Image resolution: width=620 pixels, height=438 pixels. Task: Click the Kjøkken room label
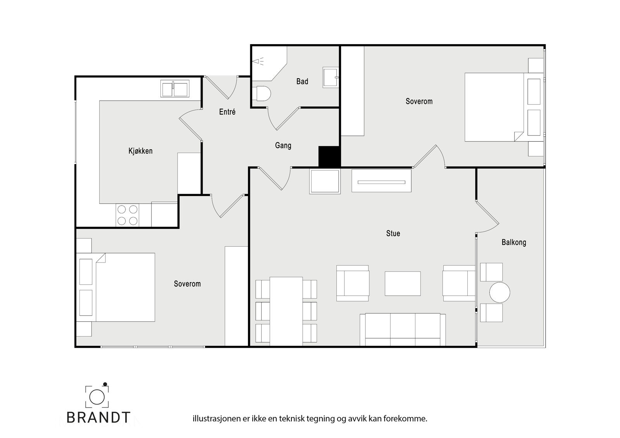140,151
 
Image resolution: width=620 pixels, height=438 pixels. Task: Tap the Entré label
227,112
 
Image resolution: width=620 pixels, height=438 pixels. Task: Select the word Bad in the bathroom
302,81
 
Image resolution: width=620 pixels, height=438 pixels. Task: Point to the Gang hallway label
283,146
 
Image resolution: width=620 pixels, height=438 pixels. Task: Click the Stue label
393,234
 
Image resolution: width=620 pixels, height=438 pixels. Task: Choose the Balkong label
514,243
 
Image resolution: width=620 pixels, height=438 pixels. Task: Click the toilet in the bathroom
261,93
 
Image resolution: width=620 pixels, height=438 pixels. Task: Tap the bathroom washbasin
331,77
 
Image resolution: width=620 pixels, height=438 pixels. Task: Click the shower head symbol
258,61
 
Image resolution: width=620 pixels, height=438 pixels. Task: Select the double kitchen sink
175,89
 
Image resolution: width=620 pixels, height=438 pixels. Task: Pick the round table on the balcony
499,292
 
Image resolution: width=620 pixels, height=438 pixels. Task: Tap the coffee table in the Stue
403,283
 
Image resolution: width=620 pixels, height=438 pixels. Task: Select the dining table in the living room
286,311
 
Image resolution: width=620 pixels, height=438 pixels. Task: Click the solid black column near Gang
329,156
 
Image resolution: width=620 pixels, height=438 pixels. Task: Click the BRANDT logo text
98,417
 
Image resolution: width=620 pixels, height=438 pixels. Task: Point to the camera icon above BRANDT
97,396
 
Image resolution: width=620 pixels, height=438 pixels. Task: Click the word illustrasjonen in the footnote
216,419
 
